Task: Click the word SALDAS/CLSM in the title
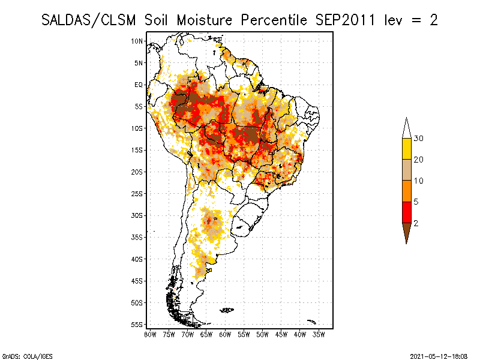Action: pyautogui.click(x=90, y=20)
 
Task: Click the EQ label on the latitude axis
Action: pyautogui.click(x=139, y=85)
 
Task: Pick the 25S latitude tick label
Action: pyautogui.click(x=137, y=193)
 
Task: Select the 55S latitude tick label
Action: pyautogui.click(x=137, y=324)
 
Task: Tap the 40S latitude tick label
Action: pyautogui.click(x=137, y=259)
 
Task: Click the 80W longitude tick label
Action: pyautogui.click(x=151, y=333)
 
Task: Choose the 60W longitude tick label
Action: pyautogui.click(x=225, y=333)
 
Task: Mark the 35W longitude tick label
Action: pyautogui.click(x=319, y=333)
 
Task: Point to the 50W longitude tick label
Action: pyautogui.click(x=263, y=333)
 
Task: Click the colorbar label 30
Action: pyautogui.click(x=419, y=139)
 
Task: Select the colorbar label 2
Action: pyautogui.click(x=416, y=223)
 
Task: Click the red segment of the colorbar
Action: pyautogui.click(x=407, y=212)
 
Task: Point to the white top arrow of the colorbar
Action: pyautogui.click(x=407, y=130)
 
